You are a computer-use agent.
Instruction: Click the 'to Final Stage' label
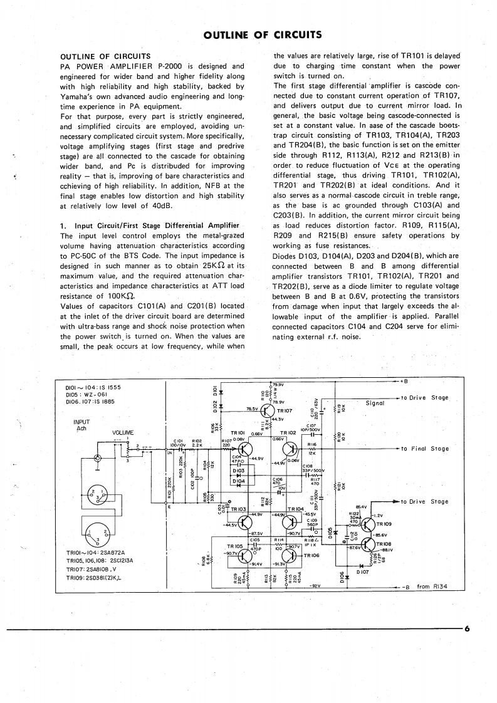pos(426,449)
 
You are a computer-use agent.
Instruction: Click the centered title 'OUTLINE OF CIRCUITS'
pos(249,34)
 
